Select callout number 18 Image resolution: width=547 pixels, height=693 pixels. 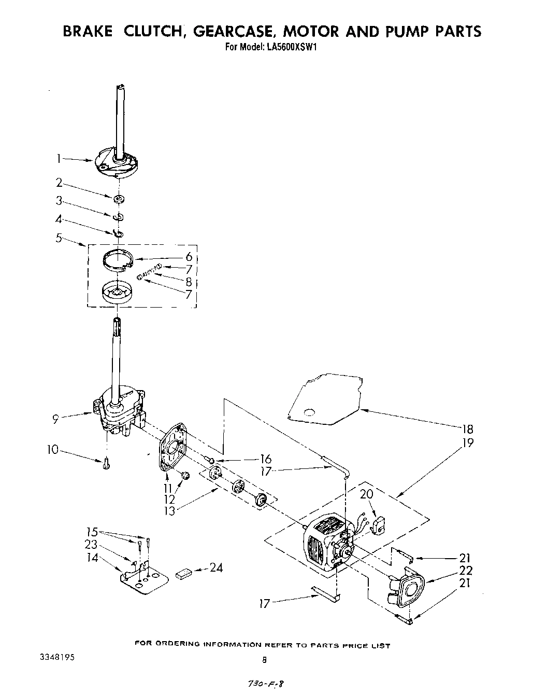click(x=468, y=429)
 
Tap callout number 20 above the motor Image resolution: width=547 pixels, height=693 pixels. click(x=366, y=494)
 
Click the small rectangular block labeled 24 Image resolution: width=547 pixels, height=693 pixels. click(x=184, y=573)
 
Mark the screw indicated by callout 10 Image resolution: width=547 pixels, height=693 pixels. click(x=106, y=463)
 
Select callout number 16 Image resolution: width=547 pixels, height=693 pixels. click(x=266, y=459)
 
